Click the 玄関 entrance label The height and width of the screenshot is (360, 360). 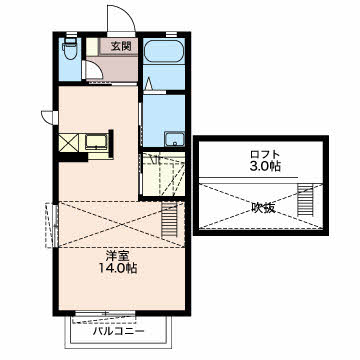(x=119, y=47)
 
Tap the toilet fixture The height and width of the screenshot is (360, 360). (x=69, y=48)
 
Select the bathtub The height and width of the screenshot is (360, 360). (x=164, y=51)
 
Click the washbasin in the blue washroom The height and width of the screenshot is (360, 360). (x=175, y=139)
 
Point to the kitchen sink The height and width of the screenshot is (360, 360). (x=96, y=142)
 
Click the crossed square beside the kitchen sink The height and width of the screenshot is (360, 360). (x=69, y=143)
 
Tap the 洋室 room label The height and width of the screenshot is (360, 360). (x=117, y=256)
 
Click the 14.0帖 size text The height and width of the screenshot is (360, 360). (x=117, y=268)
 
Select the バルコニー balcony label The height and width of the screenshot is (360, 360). (x=119, y=331)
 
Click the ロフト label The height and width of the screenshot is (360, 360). (x=265, y=155)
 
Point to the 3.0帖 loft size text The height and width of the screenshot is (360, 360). (x=265, y=166)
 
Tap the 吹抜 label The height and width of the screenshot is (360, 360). (x=263, y=208)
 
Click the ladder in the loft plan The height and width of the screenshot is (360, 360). (x=304, y=201)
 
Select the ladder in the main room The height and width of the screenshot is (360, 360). (x=168, y=220)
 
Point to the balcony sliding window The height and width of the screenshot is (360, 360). (x=105, y=313)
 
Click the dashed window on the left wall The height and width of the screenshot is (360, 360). (x=52, y=225)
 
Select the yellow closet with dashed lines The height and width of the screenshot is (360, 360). (x=163, y=174)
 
